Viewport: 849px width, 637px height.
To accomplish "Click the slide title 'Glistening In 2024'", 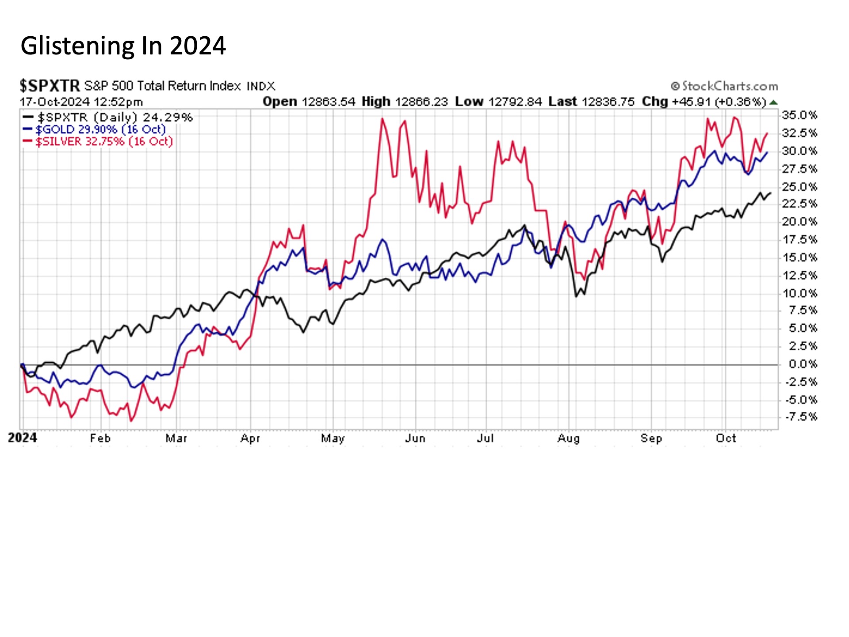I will coord(123,46).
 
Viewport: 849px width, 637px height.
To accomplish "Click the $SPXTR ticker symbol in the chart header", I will coord(50,85).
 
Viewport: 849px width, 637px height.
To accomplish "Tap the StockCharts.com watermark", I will coord(724,86).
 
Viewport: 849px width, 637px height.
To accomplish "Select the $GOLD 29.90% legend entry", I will coord(100,129).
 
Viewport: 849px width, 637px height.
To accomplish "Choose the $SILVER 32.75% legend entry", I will coord(103,142).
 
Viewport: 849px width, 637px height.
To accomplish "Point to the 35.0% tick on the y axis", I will coord(799,115).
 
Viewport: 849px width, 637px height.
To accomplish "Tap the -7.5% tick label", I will coord(801,417).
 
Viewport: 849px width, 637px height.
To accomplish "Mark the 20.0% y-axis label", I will coord(799,222).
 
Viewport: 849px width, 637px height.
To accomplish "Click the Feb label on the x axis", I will coord(100,438).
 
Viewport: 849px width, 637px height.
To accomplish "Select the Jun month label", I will coord(415,438).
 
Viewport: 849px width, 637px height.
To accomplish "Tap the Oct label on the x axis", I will coord(726,438).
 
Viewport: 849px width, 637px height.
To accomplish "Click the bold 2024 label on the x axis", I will coord(23,438).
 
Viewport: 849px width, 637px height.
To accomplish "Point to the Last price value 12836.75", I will coord(608,102).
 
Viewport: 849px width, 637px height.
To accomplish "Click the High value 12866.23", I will coord(421,102).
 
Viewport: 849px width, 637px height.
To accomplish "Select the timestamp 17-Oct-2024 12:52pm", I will coord(81,102).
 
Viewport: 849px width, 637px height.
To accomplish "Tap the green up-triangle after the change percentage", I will coord(773,103).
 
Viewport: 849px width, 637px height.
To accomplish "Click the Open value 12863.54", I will coord(328,102).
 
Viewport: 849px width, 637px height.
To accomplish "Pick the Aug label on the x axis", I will coord(568,438).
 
